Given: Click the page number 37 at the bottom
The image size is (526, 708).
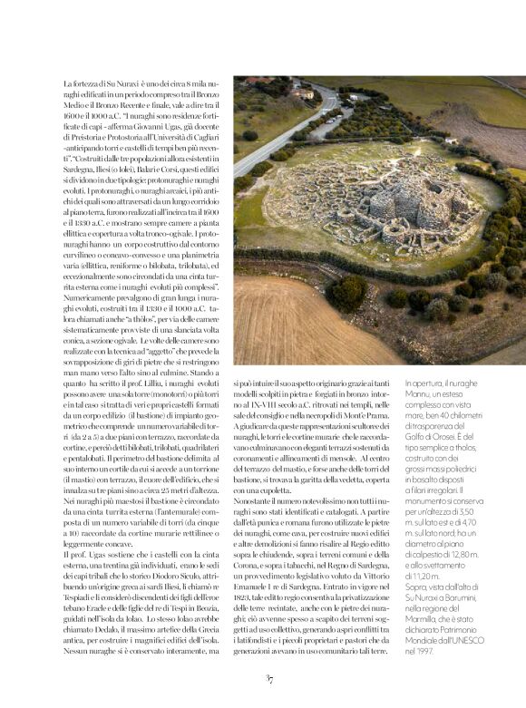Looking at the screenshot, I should (x=269, y=678).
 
